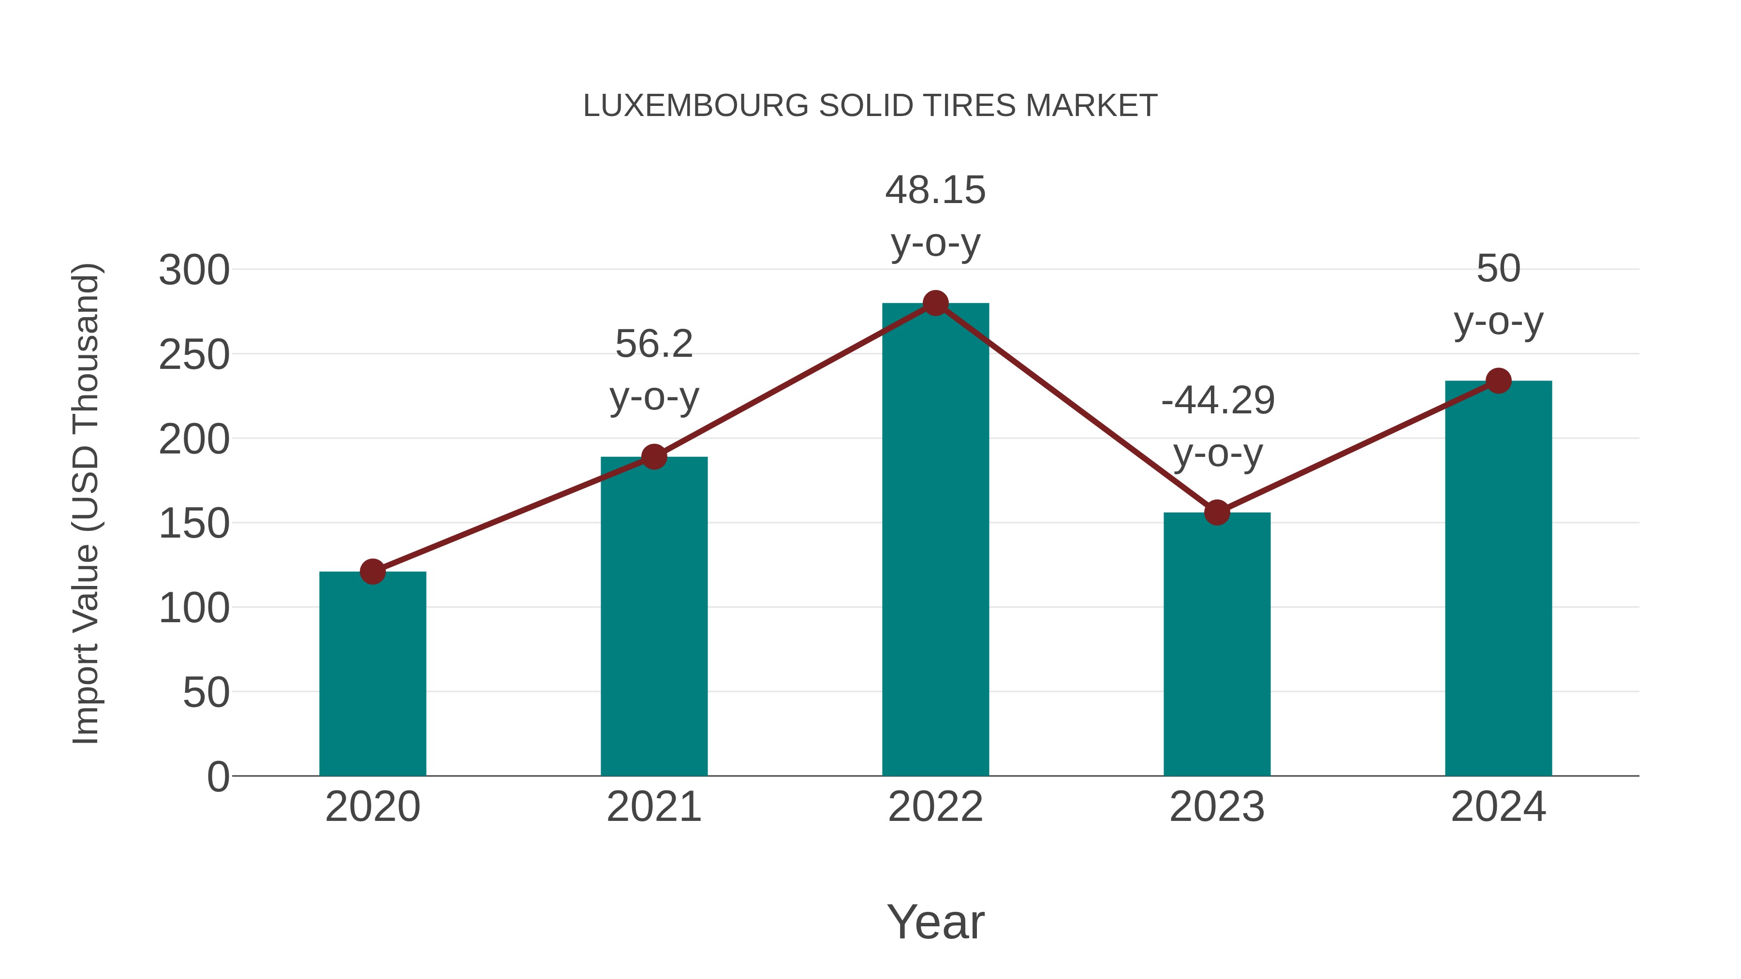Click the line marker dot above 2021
pyautogui.click(x=653, y=457)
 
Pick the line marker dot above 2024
pyautogui.click(x=1498, y=381)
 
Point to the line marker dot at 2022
pyautogui.click(x=935, y=303)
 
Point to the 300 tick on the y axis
pyautogui.click(x=194, y=270)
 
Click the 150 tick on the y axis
pyautogui.click(x=194, y=524)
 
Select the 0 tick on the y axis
pyautogui.click(x=218, y=776)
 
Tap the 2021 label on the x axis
pyautogui.click(x=653, y=807)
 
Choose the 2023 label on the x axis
pyautogui.click(x=1217, y=807)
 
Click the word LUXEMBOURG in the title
pyautogui.click(x=695, y=106)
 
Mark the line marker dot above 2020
pyautogui.click(x=372, y=571)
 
